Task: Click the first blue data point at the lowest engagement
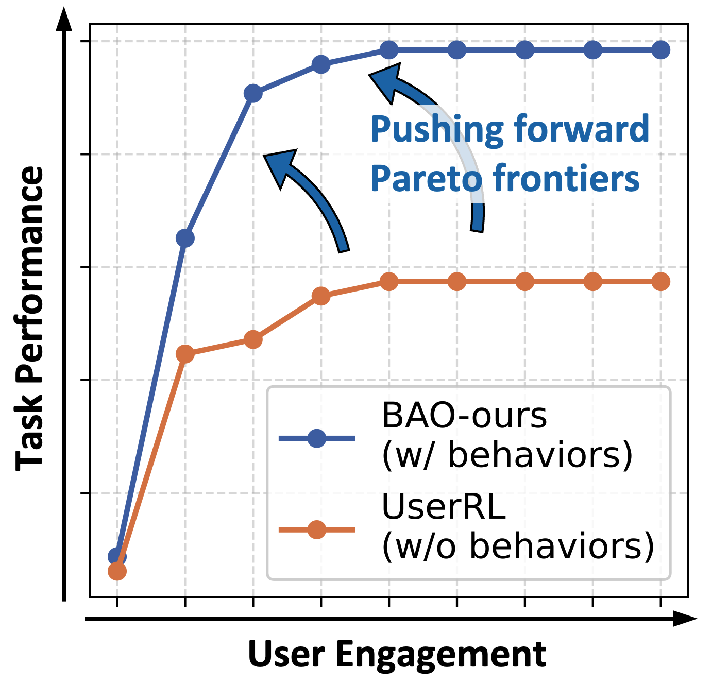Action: point(117,556)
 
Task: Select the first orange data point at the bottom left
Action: point(117,571)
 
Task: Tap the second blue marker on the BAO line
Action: point(185,238)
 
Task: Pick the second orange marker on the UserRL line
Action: point(185,354)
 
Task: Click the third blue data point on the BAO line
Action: point(253,94)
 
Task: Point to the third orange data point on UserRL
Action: point(253,339)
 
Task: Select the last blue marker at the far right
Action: point(660,50)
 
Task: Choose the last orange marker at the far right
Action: point(660,282)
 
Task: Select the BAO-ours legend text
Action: point(464,416)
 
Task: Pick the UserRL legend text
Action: point(444,507)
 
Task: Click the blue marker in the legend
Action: point(316,438)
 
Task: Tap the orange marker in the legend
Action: point(316,529)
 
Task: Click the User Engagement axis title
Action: point(397,655)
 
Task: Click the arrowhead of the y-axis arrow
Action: point(64,21)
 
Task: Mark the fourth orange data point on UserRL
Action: point(321,296)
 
